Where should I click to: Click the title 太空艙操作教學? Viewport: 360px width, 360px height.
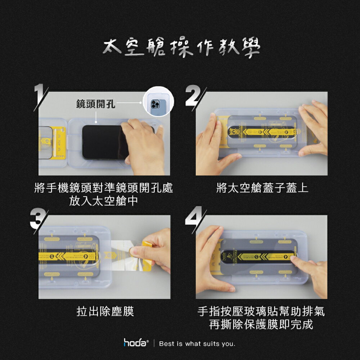[x=181, y=48]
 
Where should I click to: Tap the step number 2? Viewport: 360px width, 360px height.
[x=193, y=96]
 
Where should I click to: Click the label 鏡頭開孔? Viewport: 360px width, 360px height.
[x=95, y=104]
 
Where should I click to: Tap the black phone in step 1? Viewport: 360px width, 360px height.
[x=103, y=142]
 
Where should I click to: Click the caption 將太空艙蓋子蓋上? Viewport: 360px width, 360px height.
[x=262, y=188]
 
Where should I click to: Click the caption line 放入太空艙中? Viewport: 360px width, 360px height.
[x=104, y=201]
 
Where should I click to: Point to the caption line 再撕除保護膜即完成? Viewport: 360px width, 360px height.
[x=261, y=324]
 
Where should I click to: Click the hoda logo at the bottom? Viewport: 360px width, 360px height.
[x=136, y=343]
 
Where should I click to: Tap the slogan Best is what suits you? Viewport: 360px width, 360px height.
[x=197, y=344]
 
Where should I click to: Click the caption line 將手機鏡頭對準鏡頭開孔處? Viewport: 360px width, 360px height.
[x=104, y=188]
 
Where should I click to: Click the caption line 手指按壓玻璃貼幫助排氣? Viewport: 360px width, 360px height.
[x=261, y=311]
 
